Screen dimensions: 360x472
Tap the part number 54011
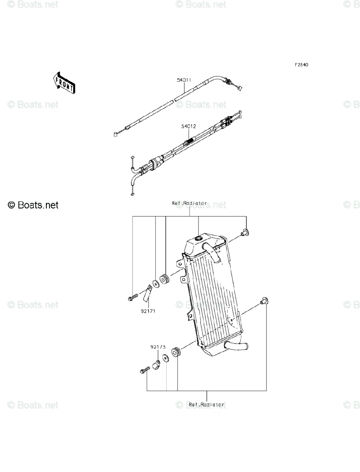click(184, 80)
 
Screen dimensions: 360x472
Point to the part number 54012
click(188, 127)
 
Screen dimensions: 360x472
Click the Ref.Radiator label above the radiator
click(189, 203)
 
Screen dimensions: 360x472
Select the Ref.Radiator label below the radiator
click(206, 404)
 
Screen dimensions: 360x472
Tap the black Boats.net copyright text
click(33, 205)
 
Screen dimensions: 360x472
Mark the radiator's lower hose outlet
click(236, 346)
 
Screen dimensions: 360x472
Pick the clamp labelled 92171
click(147, 293)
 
